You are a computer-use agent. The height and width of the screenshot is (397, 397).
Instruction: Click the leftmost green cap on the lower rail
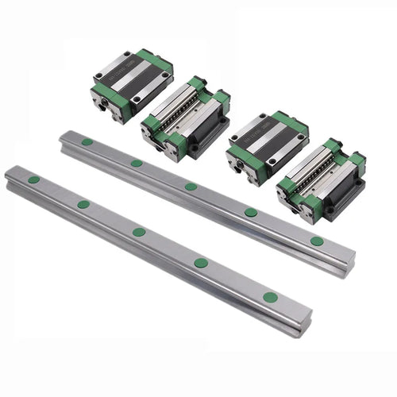(x=34, y=179)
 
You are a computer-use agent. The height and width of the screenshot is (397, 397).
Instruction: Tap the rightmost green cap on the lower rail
(x=271, y=297)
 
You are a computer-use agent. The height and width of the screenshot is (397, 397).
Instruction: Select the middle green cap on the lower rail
(x=139, y=232)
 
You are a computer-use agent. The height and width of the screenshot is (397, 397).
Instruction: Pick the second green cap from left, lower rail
(x=83, y=204)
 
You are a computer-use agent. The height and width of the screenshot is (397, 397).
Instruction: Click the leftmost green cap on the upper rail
(x=87, y=142)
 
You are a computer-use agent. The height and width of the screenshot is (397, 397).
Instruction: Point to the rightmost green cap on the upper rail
(x=317, y=241)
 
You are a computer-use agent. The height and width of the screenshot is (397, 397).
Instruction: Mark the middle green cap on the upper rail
(x=191, y=187)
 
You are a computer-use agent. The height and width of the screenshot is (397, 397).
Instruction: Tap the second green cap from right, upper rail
(x=251, y=212)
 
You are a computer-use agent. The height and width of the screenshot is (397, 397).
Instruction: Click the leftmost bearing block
(x=132, y=84)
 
